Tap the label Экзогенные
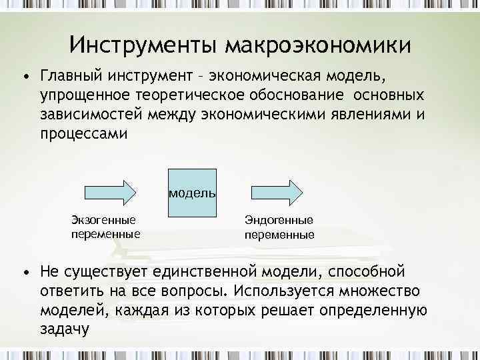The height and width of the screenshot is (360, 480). [x=103, y=220]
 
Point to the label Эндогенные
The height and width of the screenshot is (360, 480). [x=279, y=220]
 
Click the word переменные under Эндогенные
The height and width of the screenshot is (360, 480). [x=279, y=235]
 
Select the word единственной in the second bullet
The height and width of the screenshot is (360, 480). [x=209, y=272]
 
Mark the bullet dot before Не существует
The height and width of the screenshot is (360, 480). [x=25, y=273]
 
